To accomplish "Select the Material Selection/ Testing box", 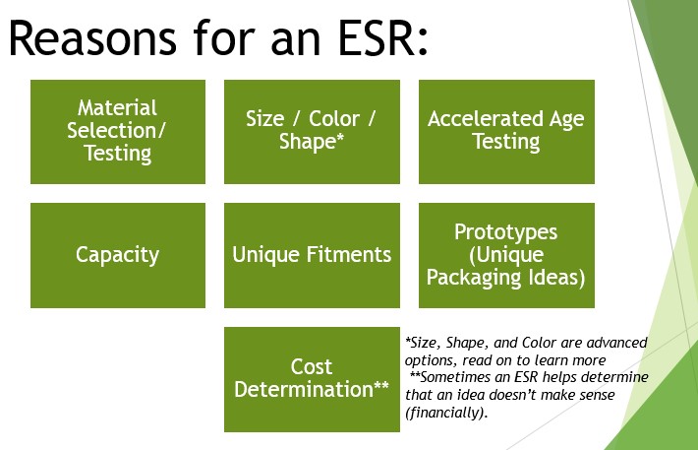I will pyautogui.click(x=118, y=131).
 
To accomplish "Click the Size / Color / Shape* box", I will pyautogui.click(x=311, y=131).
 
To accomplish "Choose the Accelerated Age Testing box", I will pyautogui.click(x=506, y=131).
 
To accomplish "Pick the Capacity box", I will pyautogui.click(x=118, y=255).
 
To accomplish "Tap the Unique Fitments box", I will pyautogui.click(x=311, y=255).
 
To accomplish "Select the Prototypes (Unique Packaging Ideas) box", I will pyautogui.click(x=506, y=255).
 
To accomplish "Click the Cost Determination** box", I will pyautogui.click(x=311, y=379).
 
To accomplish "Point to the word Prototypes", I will pyautogui.click(x=506, y=232).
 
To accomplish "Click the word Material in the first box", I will pyautogui.click(x=118, y=107).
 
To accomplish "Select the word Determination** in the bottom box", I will pyautogui.click(x=311, y=390).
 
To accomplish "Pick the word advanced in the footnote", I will pyautogui.click(x=613, y=342).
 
